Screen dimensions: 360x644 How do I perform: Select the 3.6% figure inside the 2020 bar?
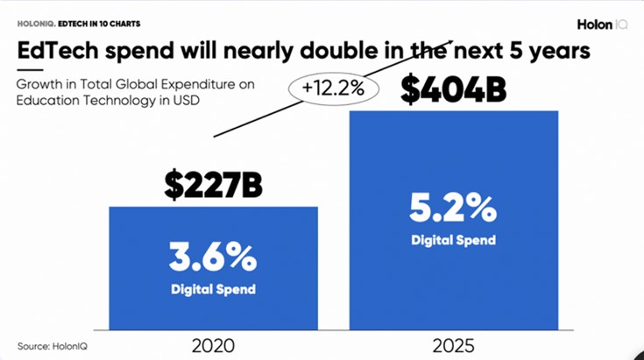pos(214,258)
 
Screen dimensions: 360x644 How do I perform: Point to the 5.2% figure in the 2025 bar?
pos(453,209)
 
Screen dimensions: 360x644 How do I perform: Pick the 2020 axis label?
pos(214,344)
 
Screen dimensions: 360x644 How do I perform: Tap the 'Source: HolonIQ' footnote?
pos(52,345)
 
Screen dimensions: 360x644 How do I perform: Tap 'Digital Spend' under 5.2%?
pos(453,240)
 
